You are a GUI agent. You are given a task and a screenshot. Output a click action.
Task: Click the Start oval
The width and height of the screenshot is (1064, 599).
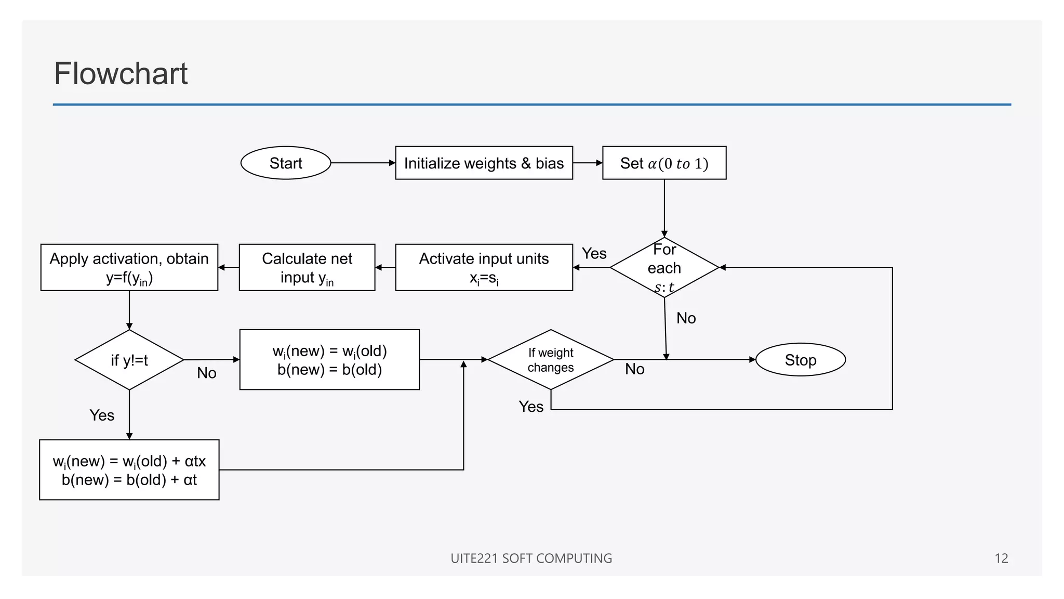285,163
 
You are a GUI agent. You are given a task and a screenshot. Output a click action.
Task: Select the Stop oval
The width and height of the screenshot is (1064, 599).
800,360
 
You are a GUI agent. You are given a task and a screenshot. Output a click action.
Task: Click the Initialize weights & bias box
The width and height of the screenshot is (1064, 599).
484,163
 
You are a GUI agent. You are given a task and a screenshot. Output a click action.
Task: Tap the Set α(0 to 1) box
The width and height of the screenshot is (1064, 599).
664,163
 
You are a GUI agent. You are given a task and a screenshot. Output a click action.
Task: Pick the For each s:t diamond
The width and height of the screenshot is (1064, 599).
664,268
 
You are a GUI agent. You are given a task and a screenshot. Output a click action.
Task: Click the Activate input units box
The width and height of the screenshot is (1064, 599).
484,267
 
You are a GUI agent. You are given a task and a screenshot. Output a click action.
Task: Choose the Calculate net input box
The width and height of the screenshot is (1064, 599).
307,267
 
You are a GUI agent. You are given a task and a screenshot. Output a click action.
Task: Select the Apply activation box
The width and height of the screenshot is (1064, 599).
129,267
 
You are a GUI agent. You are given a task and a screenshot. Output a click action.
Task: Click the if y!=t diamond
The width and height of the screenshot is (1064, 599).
129,360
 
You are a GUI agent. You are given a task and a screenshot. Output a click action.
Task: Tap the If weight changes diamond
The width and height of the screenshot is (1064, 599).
551,360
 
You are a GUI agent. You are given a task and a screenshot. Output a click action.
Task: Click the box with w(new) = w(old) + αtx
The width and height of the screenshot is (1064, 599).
129,470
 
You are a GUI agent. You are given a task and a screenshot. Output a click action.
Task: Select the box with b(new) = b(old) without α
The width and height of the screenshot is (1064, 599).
329,360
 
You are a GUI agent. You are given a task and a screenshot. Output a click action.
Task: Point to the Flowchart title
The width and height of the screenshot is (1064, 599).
121,73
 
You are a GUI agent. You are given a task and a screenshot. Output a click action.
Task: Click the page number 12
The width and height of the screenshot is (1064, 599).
1001,558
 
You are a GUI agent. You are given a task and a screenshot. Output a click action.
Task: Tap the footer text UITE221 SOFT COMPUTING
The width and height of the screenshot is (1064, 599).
531,558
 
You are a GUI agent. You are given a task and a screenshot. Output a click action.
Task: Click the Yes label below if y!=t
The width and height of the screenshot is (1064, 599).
102,415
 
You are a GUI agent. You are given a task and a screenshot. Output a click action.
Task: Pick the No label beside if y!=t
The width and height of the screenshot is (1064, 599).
207,373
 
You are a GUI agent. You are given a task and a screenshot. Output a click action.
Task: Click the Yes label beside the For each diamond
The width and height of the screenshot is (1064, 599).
594,254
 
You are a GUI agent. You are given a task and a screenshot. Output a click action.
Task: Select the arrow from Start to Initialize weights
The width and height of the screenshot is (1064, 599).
363,163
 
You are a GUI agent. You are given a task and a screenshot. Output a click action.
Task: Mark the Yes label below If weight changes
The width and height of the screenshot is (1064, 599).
531,407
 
